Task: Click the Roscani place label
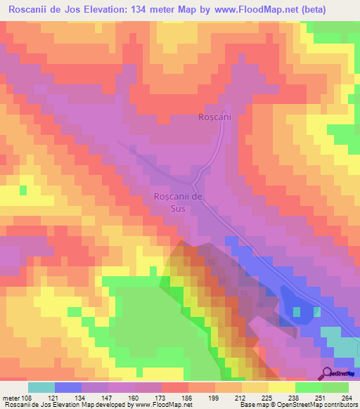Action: [x=214, y=117]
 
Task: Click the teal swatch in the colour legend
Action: [x=41, y=387]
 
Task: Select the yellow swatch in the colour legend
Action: [x=282, y=387]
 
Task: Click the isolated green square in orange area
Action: [x=24, y=190]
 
